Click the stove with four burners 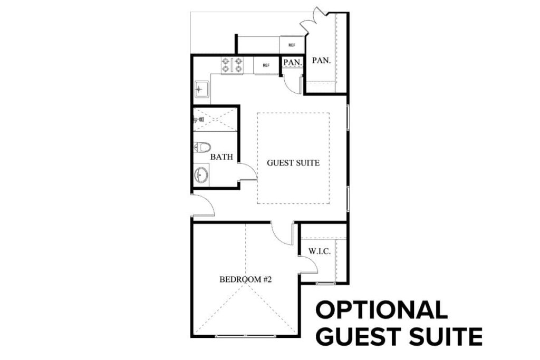232,65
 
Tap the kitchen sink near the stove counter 201,90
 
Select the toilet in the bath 202,147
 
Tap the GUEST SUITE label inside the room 293,163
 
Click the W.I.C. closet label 320,252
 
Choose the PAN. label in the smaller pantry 293,62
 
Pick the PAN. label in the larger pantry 321,61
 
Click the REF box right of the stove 266,65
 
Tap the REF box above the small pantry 292,45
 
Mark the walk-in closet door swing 308,264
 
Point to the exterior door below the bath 202,206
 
